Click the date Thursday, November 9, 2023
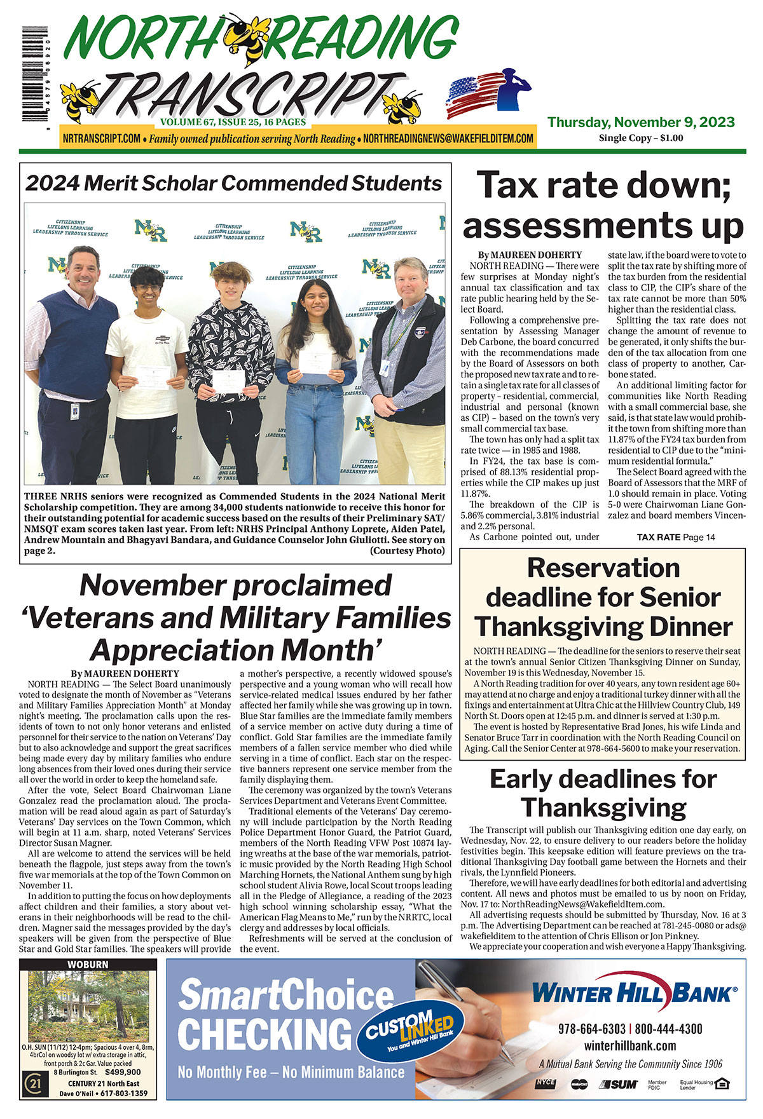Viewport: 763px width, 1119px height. click(x=641, y=123)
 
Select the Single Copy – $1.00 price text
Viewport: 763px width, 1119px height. click(x=641, y=138)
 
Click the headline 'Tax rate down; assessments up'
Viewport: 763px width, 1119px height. click(x=603, y=205)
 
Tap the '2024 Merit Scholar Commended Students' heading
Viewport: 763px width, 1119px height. click(x=233, y=183)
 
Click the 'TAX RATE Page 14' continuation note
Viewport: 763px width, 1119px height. click(x=675, y=537)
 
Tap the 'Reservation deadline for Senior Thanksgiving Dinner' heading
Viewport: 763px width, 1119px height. click(x=603, y=597)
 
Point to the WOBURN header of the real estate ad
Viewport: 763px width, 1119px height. click(x=88, y=965)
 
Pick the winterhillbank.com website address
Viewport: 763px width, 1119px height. click(x=630, y=1046)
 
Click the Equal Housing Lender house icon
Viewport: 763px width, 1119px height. click(x=720, y=1083)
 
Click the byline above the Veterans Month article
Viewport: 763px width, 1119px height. click(x=125, y=674)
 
